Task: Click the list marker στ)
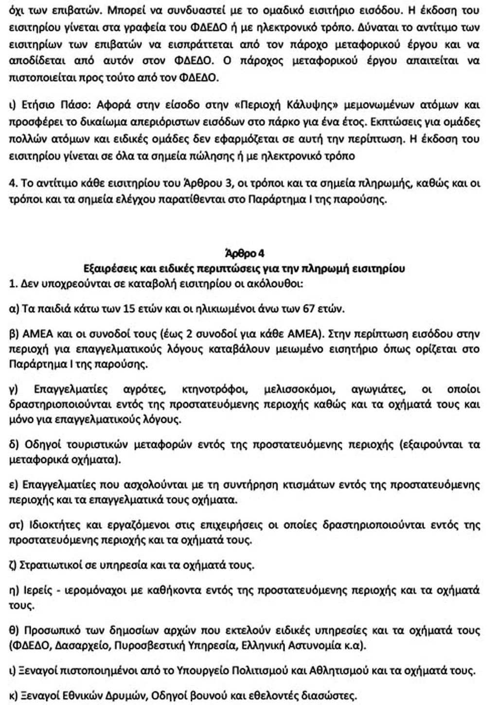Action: coord(18,525)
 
